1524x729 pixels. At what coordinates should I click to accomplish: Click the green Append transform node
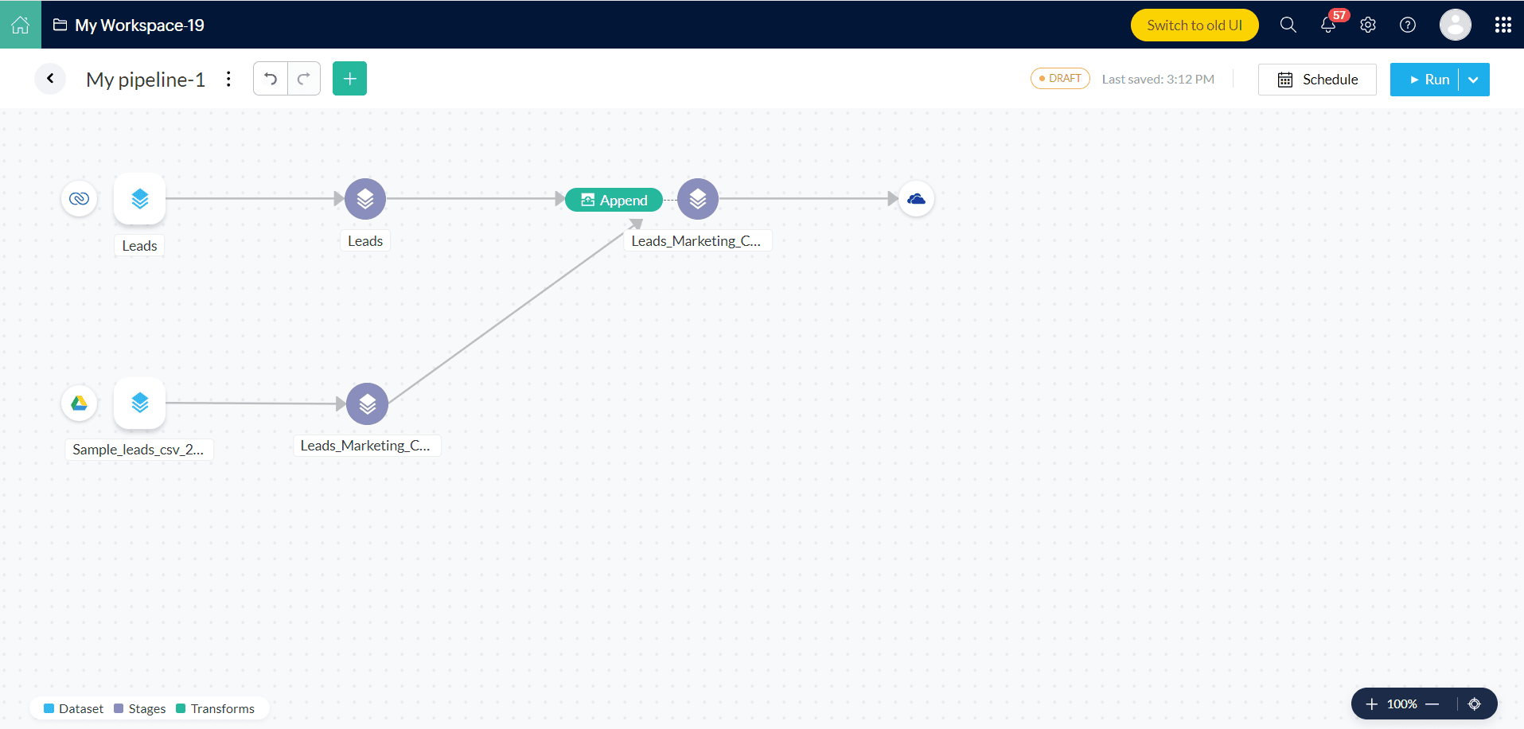coord(614,200)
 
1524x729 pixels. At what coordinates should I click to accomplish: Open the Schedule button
coord(1317,80)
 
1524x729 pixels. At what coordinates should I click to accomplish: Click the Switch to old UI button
coord(1195,25)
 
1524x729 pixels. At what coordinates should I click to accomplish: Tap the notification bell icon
coord(1328,25)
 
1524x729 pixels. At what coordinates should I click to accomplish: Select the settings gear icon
coord(1368,25)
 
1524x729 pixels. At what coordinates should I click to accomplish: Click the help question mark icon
coord(1408,25)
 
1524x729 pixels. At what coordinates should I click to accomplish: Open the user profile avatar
coord(1456,25)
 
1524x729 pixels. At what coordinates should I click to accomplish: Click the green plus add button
coord(349,79)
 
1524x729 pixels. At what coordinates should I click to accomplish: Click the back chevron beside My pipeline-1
coord(50,79)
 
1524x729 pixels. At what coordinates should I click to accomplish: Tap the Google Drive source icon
coord(80,403)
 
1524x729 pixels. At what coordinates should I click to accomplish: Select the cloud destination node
coord(917,199)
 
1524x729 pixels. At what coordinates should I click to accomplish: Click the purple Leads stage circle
coord(365,199)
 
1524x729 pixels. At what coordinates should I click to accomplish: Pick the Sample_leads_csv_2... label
coord(138,450)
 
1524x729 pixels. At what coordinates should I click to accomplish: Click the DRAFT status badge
coord(1060,79)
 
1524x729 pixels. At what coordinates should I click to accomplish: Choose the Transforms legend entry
coord(216,708)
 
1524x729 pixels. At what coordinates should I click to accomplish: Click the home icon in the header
coord(21,25)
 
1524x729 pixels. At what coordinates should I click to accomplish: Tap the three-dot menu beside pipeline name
coord(228,79)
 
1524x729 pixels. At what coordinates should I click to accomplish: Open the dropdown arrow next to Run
coord(1474,80)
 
